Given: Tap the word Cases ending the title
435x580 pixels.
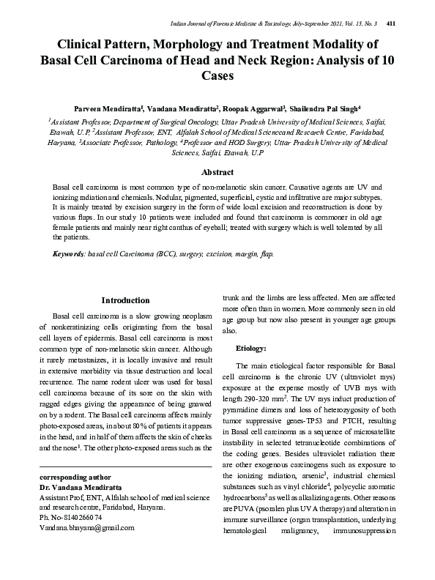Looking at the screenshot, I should pos(218,75).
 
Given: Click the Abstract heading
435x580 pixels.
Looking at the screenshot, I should pos(218,173).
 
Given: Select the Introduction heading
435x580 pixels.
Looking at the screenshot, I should pos(125,300).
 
